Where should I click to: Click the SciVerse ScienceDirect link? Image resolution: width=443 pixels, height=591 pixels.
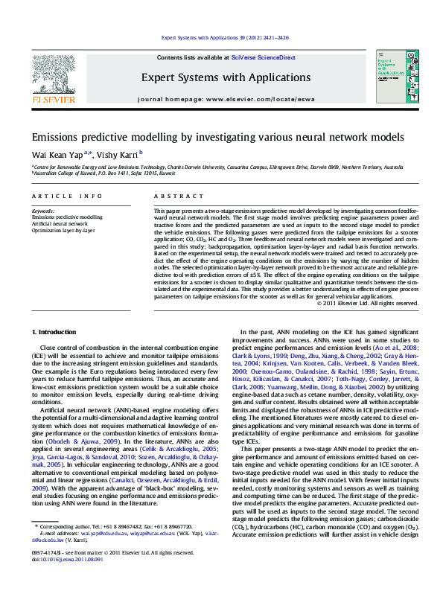263,57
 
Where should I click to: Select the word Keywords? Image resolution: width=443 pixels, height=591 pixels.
43,211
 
